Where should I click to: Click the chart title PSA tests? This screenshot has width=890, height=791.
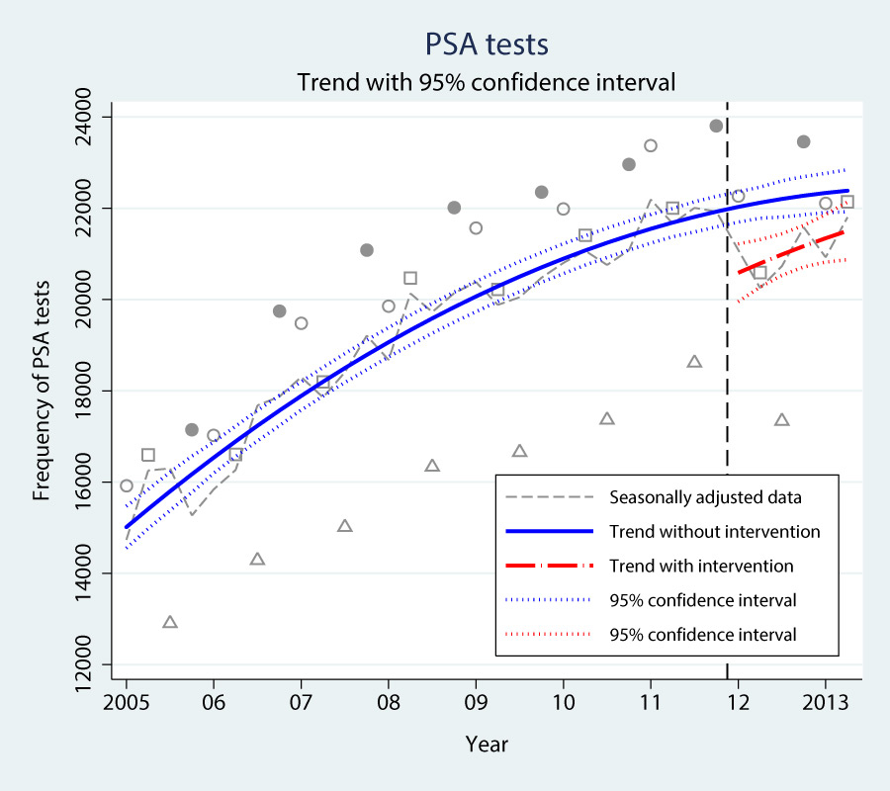point(486,44)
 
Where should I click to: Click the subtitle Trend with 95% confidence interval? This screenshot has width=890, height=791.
point(487,82)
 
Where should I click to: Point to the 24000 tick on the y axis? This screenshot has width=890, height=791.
point(94,118)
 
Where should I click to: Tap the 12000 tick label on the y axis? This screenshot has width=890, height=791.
point(94,663)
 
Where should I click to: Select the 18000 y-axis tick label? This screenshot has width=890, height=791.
point(94,391)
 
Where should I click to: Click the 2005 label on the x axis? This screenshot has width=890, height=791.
point(127,701)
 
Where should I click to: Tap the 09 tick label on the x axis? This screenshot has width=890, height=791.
point(476,701)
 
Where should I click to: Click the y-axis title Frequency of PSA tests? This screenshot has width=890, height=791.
point(42,392)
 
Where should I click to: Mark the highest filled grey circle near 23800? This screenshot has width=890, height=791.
point(716,126)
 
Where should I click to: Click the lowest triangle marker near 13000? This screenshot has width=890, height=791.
point(170,622)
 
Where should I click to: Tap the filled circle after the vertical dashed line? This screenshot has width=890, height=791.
point(803,141)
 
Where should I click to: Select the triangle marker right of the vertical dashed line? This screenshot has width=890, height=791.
point(781,420)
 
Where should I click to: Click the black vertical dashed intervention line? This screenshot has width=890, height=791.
point(728,395)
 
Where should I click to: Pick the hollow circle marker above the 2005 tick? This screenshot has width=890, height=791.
point(127,485)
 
